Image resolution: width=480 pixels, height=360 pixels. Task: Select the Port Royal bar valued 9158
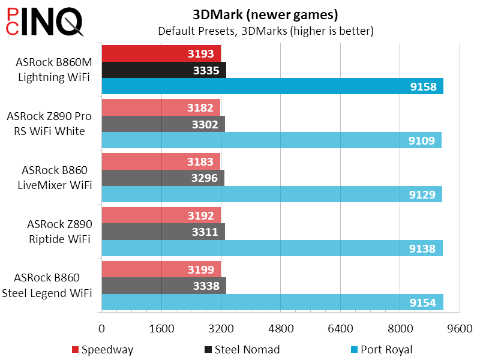[272, 86]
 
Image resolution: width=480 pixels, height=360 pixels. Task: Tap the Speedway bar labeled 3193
[161, 54]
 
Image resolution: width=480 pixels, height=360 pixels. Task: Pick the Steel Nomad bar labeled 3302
[163, 124]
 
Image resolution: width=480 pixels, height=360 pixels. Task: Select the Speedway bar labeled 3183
[161, 162]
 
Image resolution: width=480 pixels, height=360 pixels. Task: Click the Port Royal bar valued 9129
[272, 194]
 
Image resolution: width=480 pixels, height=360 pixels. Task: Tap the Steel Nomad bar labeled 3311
[163, 232]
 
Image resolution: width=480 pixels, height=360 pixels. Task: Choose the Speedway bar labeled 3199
[161, 270]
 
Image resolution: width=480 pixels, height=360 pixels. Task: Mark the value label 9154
[423, 302]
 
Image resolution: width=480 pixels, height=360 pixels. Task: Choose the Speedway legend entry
[103, 350]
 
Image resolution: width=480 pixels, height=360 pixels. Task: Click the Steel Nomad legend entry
[242, 350]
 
